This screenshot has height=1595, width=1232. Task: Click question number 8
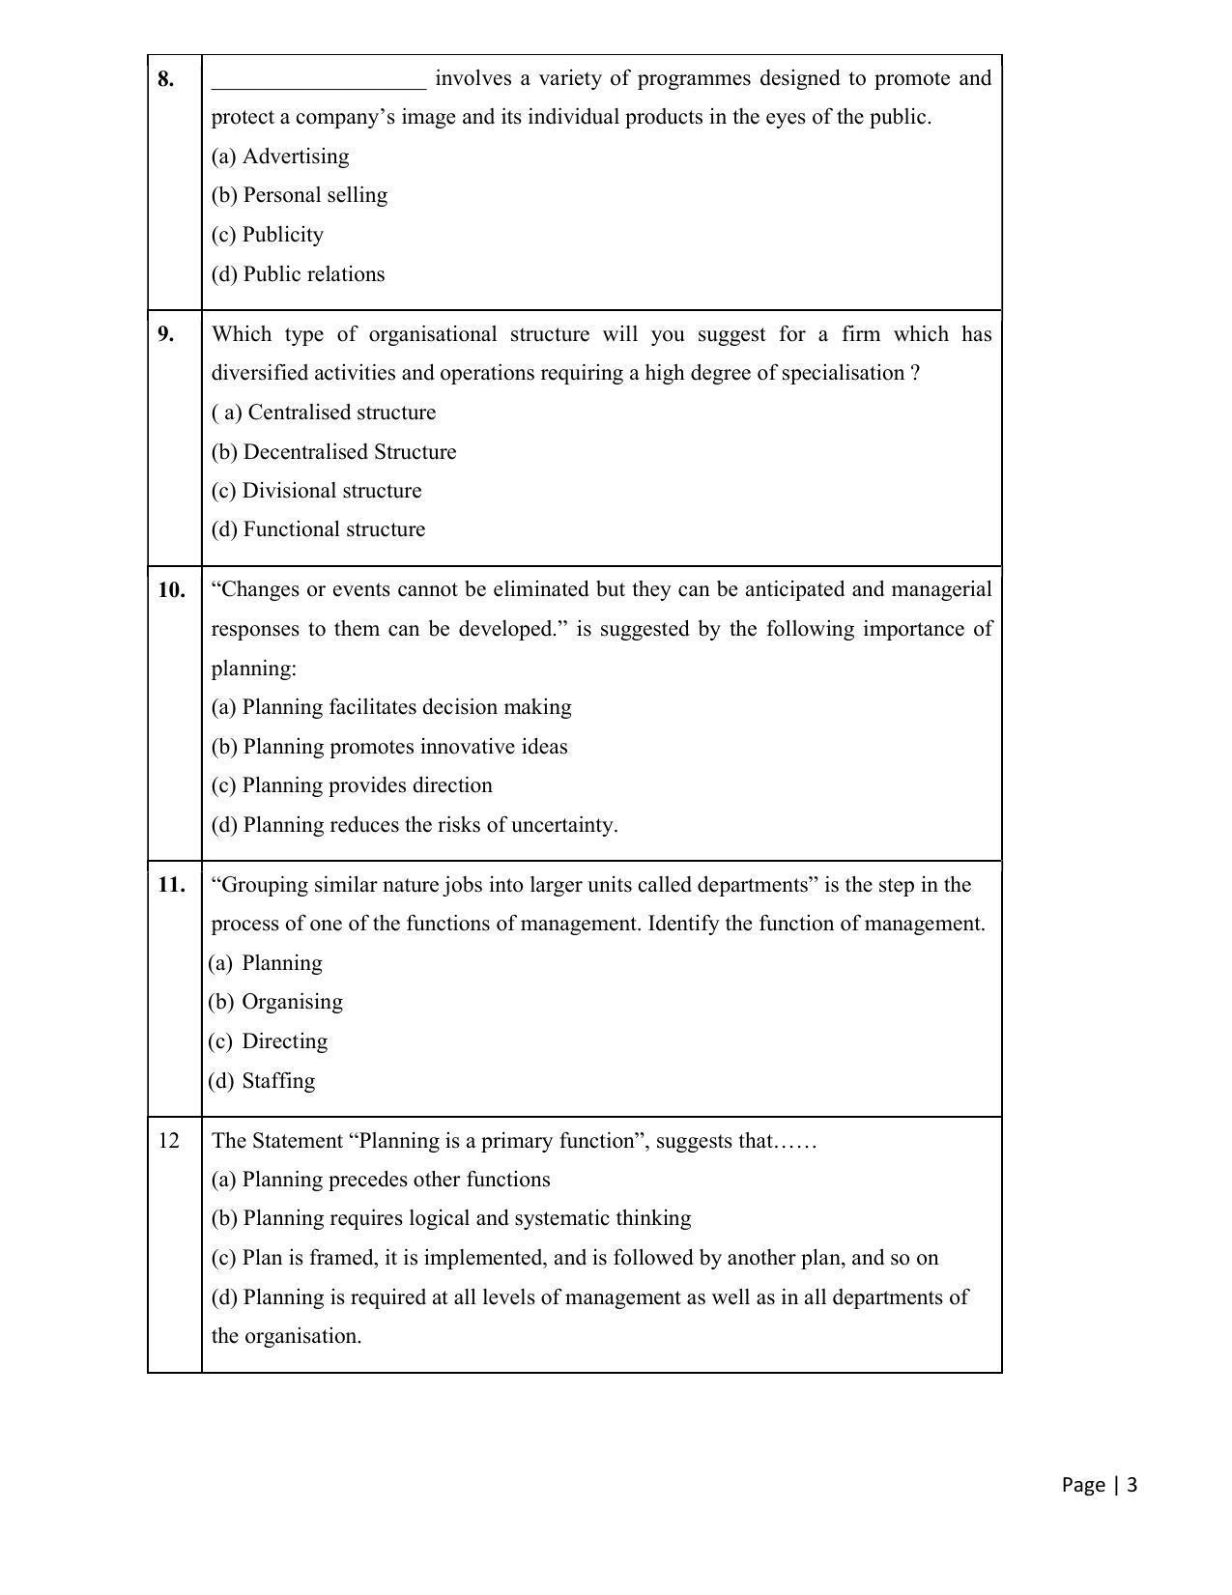166,79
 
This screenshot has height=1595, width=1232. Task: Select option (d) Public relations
298,274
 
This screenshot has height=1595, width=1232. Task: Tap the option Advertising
280,157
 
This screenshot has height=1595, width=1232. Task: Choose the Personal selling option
300,195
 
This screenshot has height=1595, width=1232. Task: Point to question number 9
166,334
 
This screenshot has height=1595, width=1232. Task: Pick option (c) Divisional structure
316,491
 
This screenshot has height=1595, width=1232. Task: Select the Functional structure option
318,529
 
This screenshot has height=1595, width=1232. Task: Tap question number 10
171,590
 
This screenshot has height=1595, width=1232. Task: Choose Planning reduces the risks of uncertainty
415,825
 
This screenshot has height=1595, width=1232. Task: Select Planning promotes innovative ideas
389,747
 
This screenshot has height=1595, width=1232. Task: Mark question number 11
171,885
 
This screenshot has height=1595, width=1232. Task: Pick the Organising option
275,1002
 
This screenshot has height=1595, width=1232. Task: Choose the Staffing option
262,1081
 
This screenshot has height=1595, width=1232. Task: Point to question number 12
169,1141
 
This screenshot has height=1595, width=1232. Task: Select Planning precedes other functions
381,1180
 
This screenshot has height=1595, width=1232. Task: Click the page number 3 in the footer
1132,1485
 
